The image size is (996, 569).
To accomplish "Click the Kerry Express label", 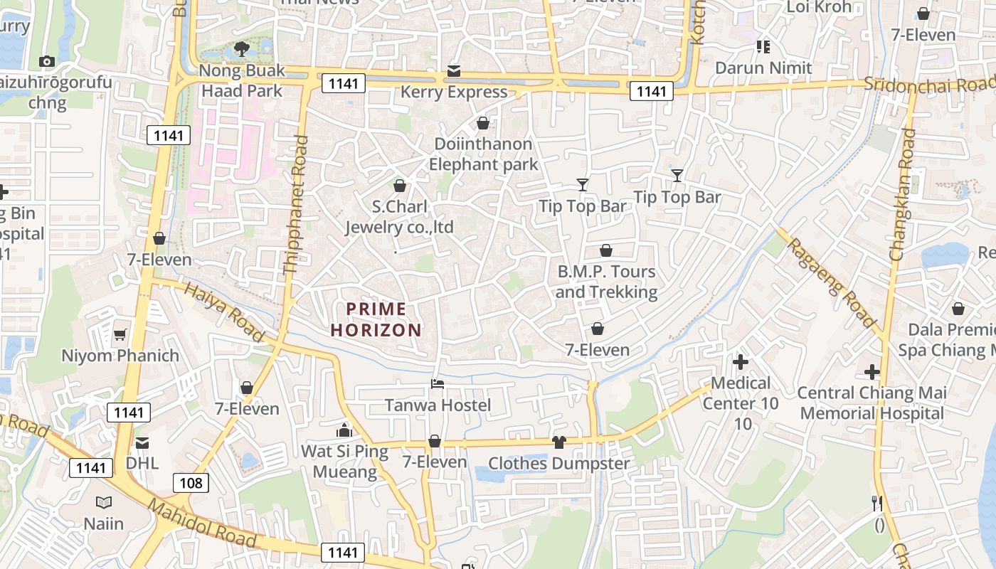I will pyautogui.click(x=454, y=92).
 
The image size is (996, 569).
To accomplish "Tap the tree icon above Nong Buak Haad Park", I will pyautogui.click(x=241, y=49).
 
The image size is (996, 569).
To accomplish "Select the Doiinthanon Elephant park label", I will pyautogui.click(x=483, y=154).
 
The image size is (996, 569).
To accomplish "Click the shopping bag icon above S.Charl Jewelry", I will pyautogui.click(x=400, y=186).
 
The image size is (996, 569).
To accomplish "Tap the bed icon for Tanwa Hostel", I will pyautogui.click(x=438, y=384).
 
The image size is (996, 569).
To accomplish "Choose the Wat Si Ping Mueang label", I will pyautogui.click(x=344, y=461).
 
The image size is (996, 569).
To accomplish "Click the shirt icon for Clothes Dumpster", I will pyautogui.click(x=558, y=442).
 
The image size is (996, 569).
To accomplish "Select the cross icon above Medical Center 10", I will pyautogui.click(x=741, y=362).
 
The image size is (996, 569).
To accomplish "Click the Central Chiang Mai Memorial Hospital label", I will pyautogui.click(x=871, y=403).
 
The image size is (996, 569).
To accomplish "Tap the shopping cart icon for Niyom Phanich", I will pyautogui.click(x=120, y=334).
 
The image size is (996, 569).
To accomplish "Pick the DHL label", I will pyautogui.click(x=142, y=463).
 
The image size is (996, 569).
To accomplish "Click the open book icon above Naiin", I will pyautogui.click(x=104, y=503).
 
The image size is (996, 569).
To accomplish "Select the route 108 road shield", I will pyautogui.click(x=191, y=483).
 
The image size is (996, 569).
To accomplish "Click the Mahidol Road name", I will pyautogui.click(x=202, y=523).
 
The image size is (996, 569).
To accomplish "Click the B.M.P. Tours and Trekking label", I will pyautogui.click(x=606, y=282).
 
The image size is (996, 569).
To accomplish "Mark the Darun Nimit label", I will pyautogui.click(x=763, y=68).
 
